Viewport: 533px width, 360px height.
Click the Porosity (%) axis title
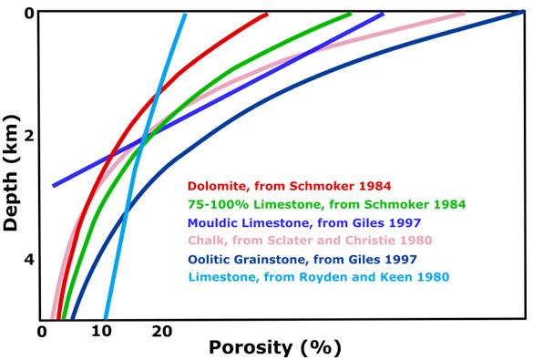274,346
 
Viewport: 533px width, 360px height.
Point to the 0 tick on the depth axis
29,14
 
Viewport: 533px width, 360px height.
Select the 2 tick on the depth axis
29,137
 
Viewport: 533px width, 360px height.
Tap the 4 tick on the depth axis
29,260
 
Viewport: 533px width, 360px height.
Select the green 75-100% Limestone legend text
326,204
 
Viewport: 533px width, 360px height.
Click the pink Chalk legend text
309,241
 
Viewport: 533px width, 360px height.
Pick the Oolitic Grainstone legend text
314,259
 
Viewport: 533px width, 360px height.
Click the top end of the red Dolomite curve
266,15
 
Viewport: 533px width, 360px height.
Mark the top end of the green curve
350,15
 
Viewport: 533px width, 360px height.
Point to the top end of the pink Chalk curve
464,14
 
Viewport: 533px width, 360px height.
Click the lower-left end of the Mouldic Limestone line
54,185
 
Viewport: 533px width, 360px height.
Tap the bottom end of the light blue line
107,316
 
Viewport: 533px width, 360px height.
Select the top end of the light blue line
184,15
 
